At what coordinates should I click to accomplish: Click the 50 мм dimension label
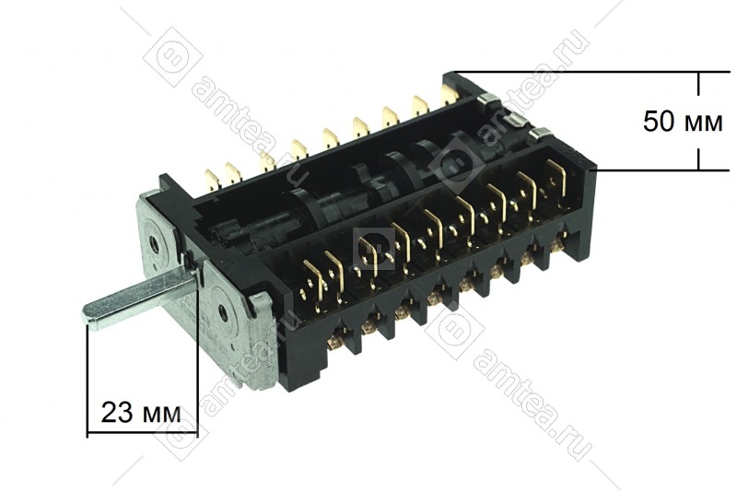point(683,122)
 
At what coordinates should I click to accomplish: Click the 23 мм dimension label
point(141,412)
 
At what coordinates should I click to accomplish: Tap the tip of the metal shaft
point(88,314)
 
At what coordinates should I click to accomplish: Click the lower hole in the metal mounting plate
point(221,311)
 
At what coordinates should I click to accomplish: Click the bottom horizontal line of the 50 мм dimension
point(663,170)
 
